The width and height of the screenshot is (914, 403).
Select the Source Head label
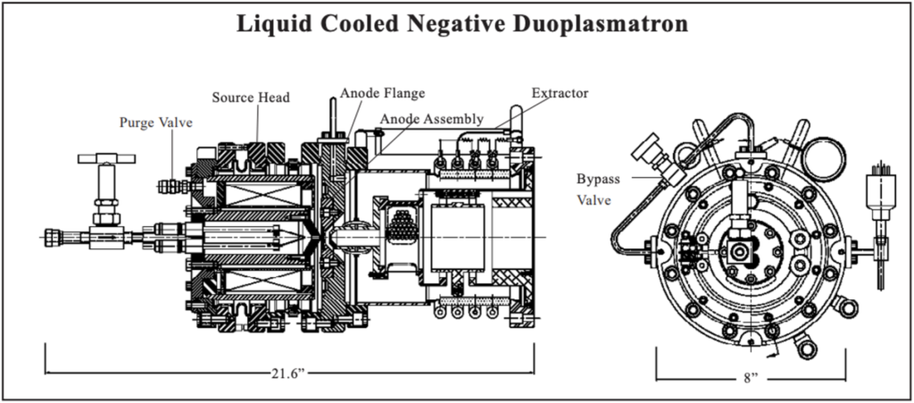(250, 97)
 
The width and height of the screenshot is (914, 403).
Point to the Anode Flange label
(381, 91)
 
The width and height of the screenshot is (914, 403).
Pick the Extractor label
(560, 92)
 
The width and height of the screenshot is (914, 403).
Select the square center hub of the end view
(740, 252)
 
